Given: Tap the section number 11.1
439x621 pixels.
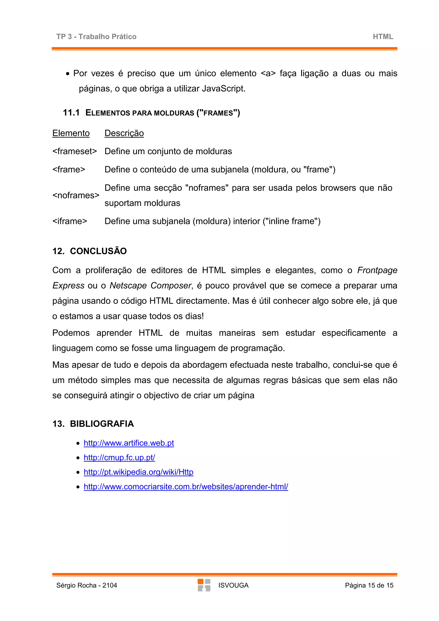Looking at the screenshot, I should pos(71,112).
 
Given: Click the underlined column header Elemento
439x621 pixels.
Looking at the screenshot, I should pos(71,133).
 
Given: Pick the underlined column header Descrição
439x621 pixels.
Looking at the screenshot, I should pos(124,133).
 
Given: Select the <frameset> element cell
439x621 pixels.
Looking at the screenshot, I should pos(75,151).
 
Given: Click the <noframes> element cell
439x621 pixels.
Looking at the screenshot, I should pos(76,195).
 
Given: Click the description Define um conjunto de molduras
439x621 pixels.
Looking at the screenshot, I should pos(168,151).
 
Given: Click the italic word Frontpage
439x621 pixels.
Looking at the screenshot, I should pos(377,270).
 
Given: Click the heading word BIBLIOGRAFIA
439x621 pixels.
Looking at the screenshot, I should pos(102,424).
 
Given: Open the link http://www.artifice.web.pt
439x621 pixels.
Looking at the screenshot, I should pos(129,443).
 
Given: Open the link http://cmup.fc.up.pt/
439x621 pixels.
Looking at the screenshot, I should pos(119,458).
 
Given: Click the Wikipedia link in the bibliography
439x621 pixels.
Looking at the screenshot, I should pos(138,472).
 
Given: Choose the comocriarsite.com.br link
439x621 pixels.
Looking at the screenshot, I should pos(186,487).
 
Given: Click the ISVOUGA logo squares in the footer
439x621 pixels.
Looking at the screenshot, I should pos(204,585).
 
